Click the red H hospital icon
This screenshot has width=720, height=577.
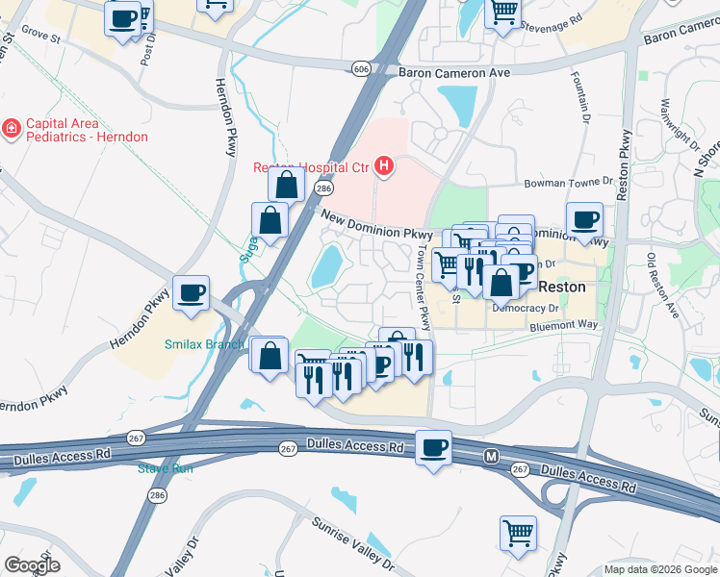tap(385, 166)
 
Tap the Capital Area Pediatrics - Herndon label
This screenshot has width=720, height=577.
tap(87, 130)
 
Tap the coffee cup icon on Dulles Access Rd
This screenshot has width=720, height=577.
tap(433, 447)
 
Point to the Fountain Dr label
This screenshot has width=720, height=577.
tap(582, 96)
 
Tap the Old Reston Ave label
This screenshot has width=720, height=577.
tap(662, 286)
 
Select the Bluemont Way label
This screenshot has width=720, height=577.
tap(564, 326)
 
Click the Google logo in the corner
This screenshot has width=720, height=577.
tap(32, 565)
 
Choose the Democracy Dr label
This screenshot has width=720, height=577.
tap(526, 309)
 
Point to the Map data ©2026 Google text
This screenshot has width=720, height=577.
tap(660, 569)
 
